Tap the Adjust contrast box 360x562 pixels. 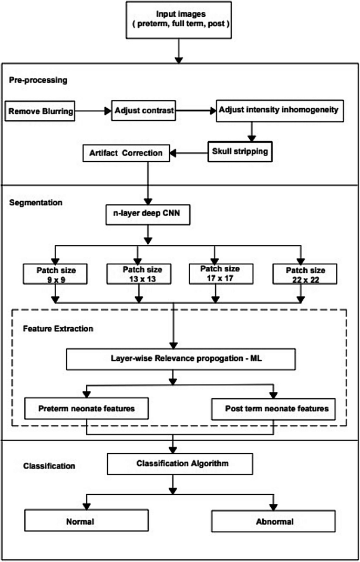pyautogui.click(x=143, y=111)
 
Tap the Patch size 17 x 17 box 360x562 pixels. pyautogui.click(x=221, y=274)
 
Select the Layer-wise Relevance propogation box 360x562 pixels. pyautogui.click(x=174, y=360)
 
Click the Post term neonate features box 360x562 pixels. pyautogui.click(x=273, y=409)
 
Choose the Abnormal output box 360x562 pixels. pyautogui.click(x=273, y=522)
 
